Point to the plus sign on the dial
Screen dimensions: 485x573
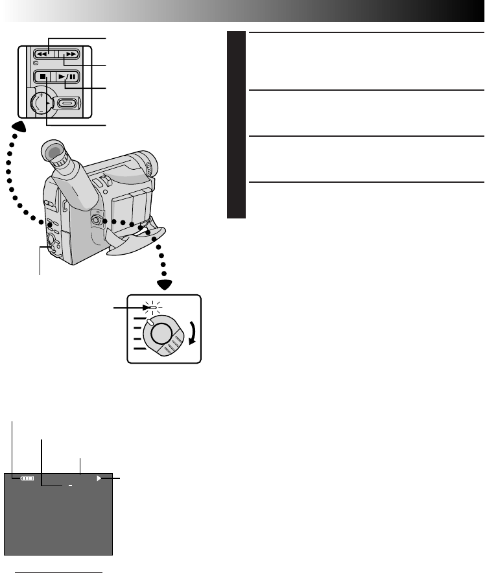click(x=40, y=96)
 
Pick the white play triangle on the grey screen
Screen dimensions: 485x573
click(x=100, y=479)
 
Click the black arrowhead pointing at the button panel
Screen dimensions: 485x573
click(x=21, y=127)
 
